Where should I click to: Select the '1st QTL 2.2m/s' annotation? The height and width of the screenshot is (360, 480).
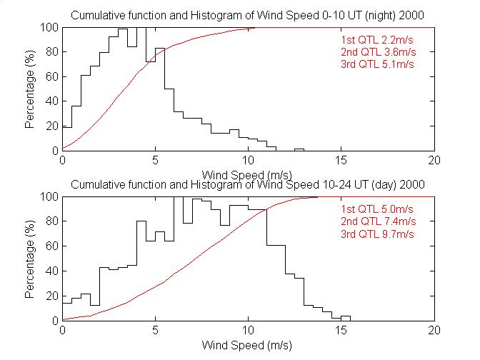378,40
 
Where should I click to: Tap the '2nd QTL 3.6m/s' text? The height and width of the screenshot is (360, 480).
378,52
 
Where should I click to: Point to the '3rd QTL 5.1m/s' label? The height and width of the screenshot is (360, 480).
378,64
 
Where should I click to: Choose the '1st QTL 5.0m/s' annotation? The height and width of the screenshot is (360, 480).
378,209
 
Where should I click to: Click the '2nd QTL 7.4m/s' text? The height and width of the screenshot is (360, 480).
378,221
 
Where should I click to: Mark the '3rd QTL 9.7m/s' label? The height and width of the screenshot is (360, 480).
378,234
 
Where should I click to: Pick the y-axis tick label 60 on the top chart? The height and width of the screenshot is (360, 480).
51,76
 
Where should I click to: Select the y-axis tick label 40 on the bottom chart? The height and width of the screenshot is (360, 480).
51,271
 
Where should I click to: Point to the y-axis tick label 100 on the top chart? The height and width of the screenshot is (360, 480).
49,27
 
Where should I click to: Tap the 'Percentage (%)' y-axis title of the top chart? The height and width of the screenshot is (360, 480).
30,89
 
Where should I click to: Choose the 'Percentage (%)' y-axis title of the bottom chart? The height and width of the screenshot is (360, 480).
30,259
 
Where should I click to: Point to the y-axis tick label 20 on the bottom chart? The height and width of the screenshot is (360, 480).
51,296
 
